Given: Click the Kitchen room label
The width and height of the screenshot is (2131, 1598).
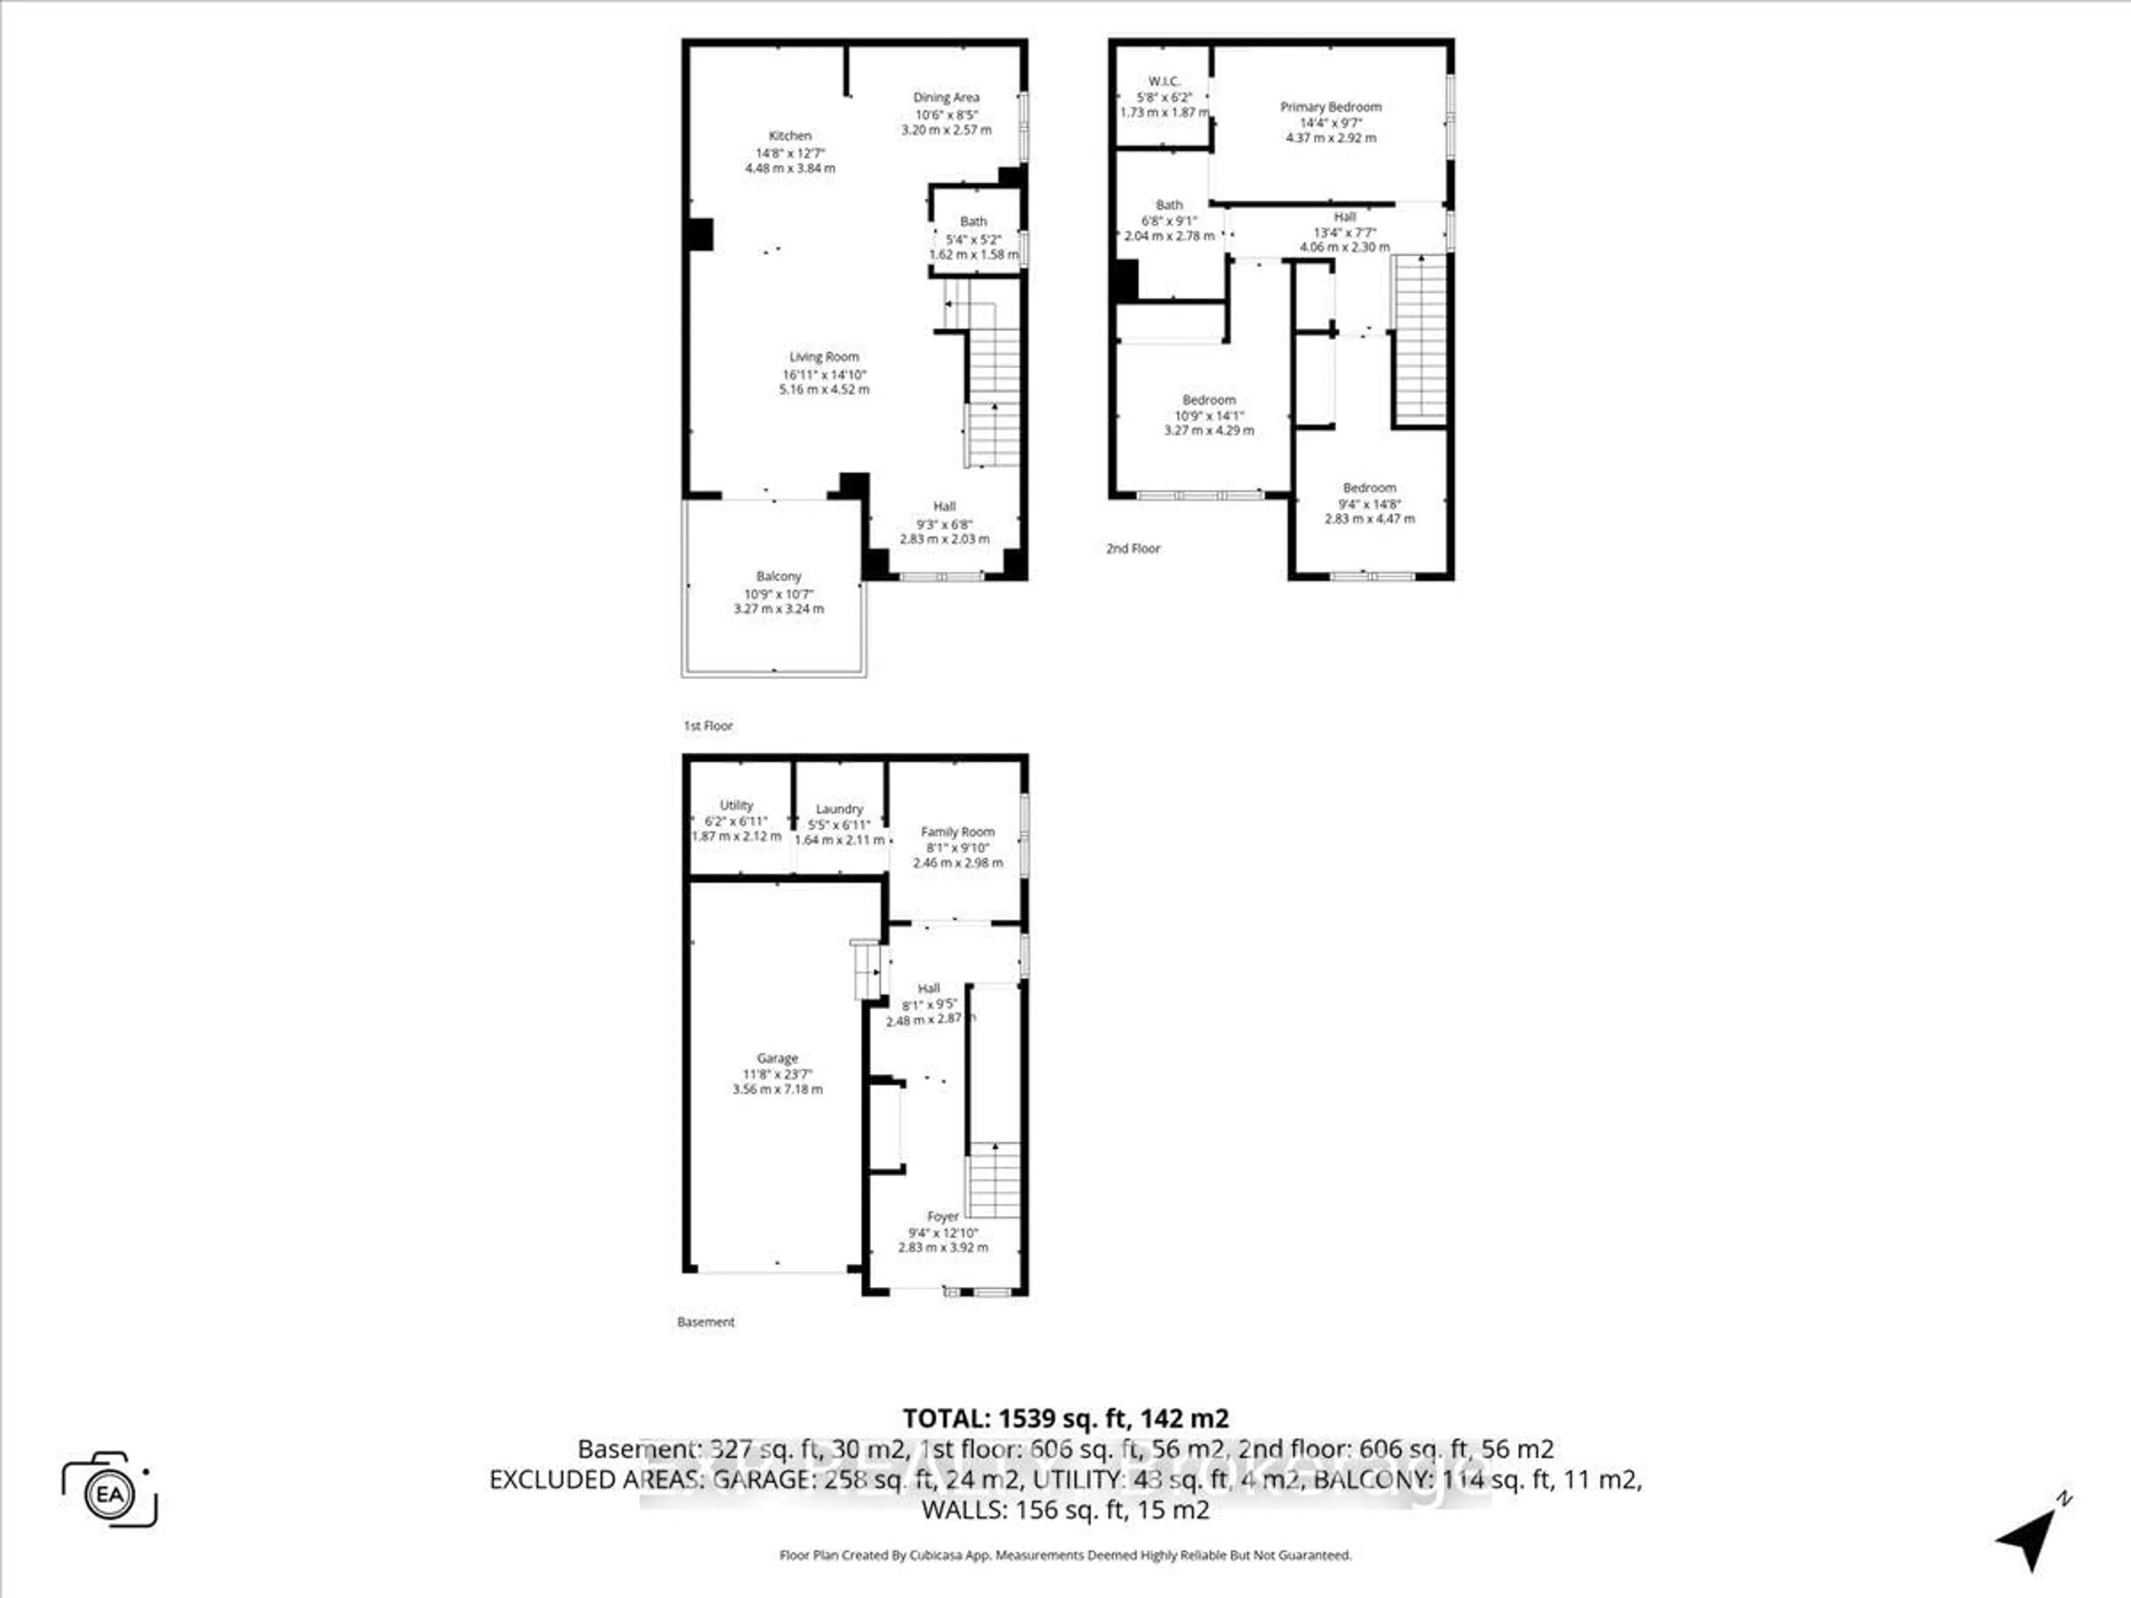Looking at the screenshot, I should point(790,136).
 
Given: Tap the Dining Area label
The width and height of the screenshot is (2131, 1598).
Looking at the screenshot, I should point(946,97).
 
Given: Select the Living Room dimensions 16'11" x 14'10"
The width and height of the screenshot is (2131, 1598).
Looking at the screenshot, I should point(825,374).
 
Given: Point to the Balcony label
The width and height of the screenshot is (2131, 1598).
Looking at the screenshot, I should point(779,576).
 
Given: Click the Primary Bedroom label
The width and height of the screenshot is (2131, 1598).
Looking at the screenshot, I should point(1330,107).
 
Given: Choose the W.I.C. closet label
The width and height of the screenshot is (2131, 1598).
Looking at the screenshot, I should point(1164,82).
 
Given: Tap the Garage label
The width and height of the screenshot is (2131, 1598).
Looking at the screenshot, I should point(777,1058).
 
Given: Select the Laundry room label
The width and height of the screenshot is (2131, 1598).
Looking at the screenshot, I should point(839,809).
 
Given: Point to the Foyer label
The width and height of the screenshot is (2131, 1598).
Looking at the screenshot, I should point(943,1217).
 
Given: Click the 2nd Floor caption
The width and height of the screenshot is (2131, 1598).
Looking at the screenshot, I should point(1133,548).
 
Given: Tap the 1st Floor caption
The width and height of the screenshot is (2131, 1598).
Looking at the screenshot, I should point(708,725).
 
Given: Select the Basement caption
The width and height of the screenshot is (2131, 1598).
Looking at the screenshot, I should point(705,1322).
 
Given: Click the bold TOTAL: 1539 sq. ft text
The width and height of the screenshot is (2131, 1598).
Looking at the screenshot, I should point(1065,1418).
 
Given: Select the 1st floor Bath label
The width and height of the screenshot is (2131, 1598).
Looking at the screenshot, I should point(973,221).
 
